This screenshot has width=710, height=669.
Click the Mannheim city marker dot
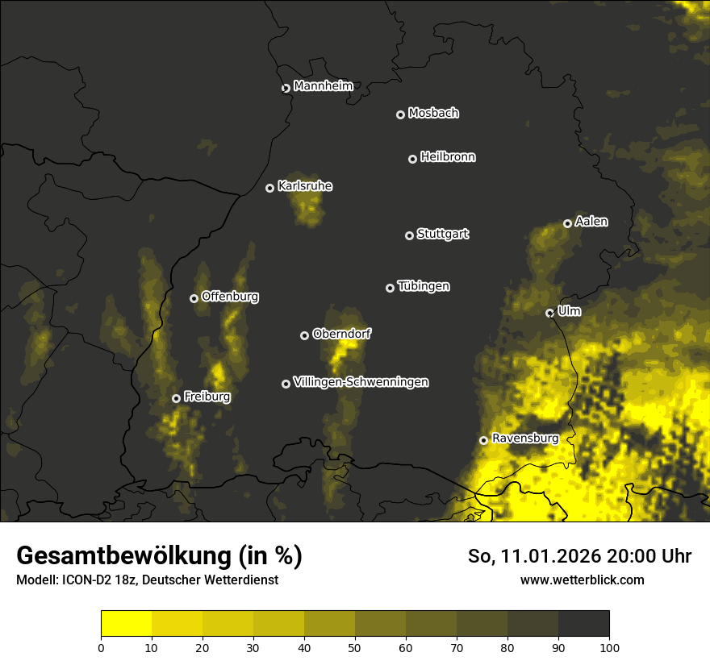tap(286, 89)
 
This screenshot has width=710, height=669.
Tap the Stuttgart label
tap(442, 235)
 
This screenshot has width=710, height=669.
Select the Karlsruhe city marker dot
tap(270, 189)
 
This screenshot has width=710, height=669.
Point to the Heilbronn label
tap(448, 157)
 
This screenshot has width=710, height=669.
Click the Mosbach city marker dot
tap(400, 115)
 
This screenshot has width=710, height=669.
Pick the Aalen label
tap(591, 222)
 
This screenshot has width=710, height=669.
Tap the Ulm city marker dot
tap(550, 314)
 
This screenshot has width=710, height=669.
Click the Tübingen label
tap(424, 286)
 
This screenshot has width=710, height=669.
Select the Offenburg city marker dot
tap(194, 298)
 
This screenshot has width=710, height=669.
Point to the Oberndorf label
tap(341, 334)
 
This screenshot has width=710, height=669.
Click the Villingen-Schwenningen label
tap(361, 382)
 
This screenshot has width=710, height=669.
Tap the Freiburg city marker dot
tap(176, 398)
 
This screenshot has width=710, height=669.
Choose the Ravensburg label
tap(525, 438)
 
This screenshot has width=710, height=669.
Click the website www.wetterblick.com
tap(582, 580)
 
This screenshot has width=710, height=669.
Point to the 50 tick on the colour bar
tap(355, 647)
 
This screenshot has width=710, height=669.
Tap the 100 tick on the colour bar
tap(609, 647)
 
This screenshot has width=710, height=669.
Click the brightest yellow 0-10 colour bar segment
tap(127, 624)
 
